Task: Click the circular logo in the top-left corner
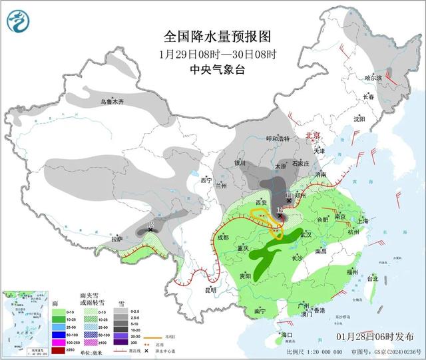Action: (x=18, y=22)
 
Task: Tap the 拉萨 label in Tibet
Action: (x=117, y=238)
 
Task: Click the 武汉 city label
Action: (x=306, y=235)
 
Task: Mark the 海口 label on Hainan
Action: (x=288, y=335)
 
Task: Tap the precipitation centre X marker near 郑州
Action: (x=288, y=200)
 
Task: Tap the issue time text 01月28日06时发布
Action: (x=380, y=336)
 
